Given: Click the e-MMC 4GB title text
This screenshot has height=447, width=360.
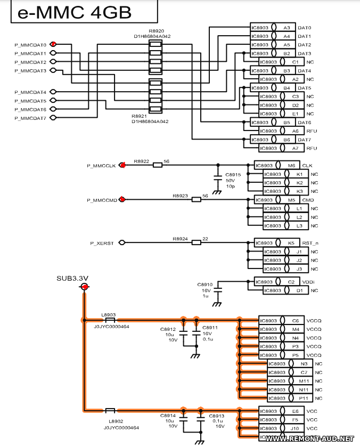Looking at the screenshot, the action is pyautogui.click(x=75, y=13).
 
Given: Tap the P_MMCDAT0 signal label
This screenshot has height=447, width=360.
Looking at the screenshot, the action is pyautogui.click(x=30, y=45).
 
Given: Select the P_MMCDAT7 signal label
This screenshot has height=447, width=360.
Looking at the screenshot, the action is pyautogui.click(x=30, y=118).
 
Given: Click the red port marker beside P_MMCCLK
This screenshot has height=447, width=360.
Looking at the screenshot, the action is pyautogui.click(x=122, y=165).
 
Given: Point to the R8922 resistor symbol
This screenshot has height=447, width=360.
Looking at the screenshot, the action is pyautogui.click(x=158, y=165).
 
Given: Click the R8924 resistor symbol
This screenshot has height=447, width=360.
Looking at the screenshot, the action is pyautogui.click(x=196, y=242).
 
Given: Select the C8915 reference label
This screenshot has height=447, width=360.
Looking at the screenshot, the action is pyautogui.click(x=233, y=175).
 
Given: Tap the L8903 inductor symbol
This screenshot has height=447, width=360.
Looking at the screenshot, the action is pyautogui.click(x=110, y=320).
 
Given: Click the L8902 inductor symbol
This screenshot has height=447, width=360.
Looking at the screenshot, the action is pyautogui.click(x=110, y=411).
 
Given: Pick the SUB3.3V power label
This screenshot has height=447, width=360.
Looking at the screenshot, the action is pyautogui.click(x=72, y=279).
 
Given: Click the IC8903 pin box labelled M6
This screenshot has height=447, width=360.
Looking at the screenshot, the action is pyautogui.click(x=277, y=165).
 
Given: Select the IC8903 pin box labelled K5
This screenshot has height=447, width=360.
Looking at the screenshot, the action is pyautogui.click(x=277, y=243).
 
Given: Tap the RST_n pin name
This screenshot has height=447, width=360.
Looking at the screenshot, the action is pyautogui.click(x=310, y=243).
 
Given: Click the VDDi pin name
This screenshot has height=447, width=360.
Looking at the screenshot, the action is pyautogui.click(x=308, y=282).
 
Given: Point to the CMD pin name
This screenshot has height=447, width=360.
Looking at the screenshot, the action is pyautogui.click(x=308, y=200).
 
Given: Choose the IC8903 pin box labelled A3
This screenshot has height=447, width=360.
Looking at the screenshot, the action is pyautogui.click(x=273, y=27).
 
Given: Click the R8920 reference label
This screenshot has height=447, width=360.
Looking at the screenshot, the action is pyautogui.click(x=156, y=31).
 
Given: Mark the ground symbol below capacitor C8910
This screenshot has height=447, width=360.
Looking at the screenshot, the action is pyautogui.click(x=217, y=304).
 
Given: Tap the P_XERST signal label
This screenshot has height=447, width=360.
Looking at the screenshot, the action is pyautogui.click(x=102, y=243).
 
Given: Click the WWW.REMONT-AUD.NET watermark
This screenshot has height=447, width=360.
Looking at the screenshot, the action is pyautogui.click(x=309, y=439).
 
